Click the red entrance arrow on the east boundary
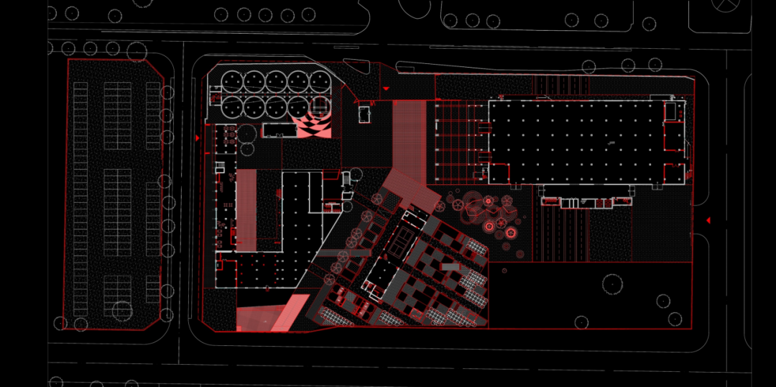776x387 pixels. pos(708,220)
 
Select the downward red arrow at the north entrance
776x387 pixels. pos(386,88)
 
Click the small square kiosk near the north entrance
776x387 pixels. pos(364,113)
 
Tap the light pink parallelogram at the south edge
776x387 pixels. pos(290,314)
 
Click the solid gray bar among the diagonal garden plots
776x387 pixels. pos(450,267)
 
